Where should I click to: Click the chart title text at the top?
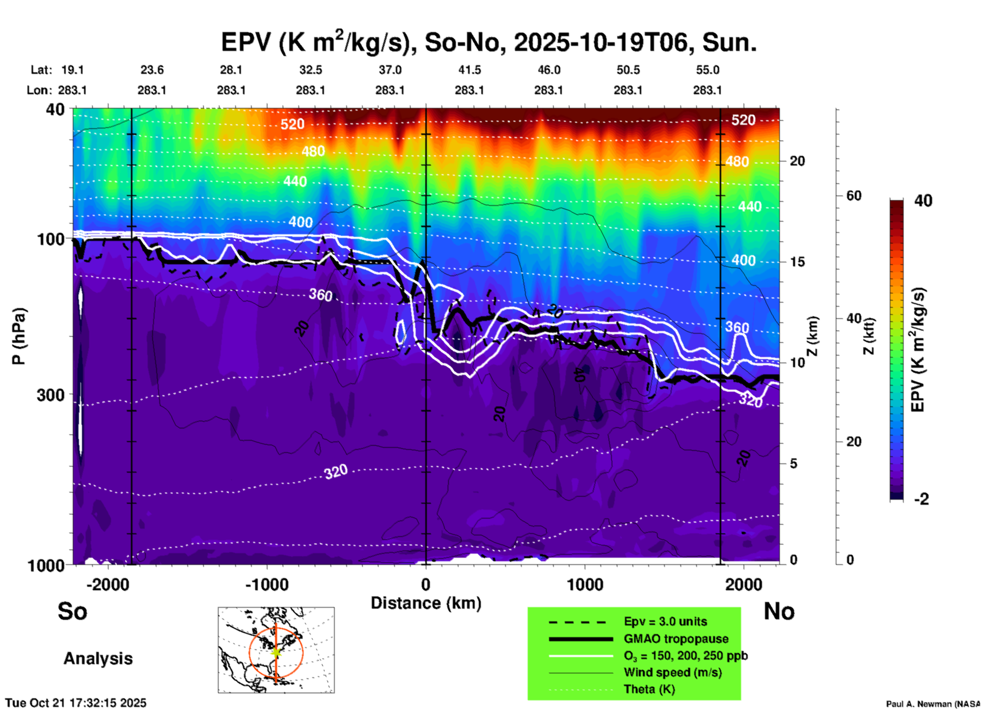point(489,42)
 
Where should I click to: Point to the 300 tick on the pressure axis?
point(50,395)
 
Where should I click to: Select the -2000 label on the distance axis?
point(108,585)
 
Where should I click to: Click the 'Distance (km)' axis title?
point(426,603)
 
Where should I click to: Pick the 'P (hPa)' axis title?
point(19,336)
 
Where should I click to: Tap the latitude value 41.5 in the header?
point(469,70)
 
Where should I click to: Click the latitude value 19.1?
point(72,70)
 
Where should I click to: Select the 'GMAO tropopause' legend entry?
point(676,639)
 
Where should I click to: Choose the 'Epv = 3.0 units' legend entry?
point(665,622)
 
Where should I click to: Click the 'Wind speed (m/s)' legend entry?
point(672,672)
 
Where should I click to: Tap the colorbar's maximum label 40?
point(923,201)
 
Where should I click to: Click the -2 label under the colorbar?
point(921,499)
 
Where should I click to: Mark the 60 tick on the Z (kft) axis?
point(854,196)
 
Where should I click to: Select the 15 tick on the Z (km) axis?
point(797,262)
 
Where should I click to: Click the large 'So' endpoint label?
point(72,611)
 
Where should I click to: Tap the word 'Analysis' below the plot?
point(98,659)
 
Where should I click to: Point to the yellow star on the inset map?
point(276,652)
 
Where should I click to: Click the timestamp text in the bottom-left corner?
point(76,703)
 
